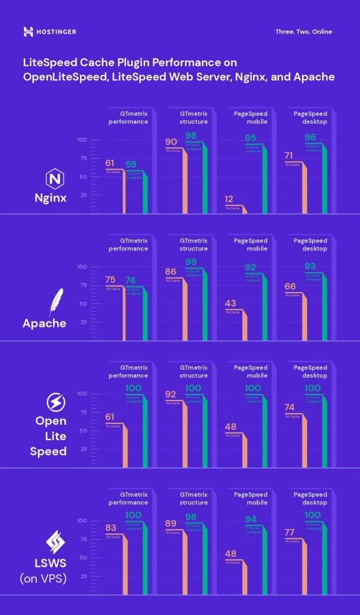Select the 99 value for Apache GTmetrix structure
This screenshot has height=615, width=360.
[191, 262]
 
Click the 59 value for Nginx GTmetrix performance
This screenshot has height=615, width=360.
[131, 164]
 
